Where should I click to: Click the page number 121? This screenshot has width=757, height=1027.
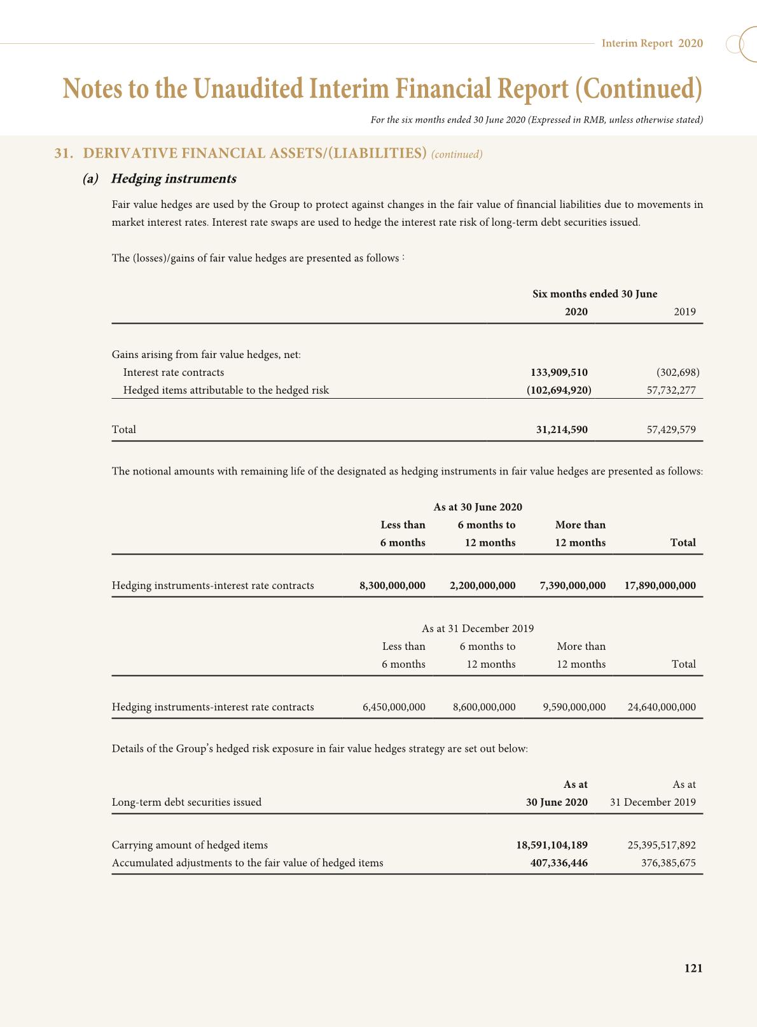click(x=693, y=968)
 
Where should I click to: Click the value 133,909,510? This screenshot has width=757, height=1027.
click(x=559, y=372)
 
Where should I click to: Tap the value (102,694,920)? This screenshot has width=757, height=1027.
click(x=559, y=390)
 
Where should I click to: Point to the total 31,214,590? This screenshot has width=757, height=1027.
click(x=562, y=429)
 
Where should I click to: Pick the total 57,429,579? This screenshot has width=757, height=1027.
click(x=671, y=429)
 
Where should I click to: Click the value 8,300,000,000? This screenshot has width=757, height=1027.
click(x=392, y=585)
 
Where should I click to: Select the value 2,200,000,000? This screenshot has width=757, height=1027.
click(x=482, y=585)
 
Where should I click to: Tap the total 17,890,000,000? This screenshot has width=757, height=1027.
click(x=660, y=585)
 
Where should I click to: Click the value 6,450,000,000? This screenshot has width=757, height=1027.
click(x=394, y=706)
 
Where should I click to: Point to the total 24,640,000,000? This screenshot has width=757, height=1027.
click(x=662, y=706)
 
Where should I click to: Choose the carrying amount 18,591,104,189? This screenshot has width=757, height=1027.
click(x=552, y=845)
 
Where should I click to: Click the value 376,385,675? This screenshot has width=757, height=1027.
click(x=668, y=863)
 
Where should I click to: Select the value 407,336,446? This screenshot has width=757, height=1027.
click(x=559, y=863)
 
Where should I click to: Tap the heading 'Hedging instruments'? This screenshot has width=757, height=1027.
click(x=174, y=179)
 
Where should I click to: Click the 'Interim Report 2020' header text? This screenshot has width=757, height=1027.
click(x=652, y=43)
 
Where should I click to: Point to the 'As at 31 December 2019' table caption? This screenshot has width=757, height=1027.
click(x=478, y=628)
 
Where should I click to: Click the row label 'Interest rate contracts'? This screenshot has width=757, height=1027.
click(x=174, y=372)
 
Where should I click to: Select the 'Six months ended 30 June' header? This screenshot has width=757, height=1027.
click(x=595, y=294)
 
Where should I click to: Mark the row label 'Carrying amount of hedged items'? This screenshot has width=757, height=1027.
click(x=190, y=845)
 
